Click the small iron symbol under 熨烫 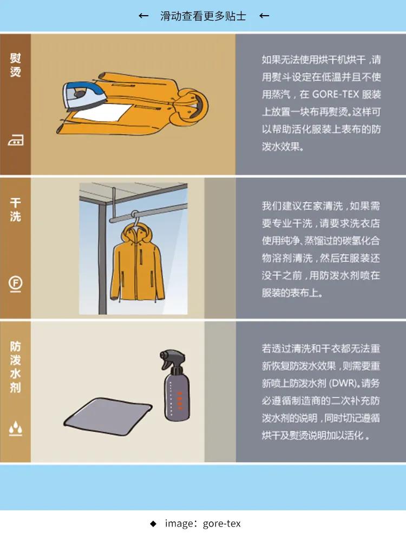tap(15, 141)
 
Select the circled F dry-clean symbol tap(15, 283)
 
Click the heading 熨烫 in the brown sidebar tap(15, 65)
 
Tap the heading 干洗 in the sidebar tap(15, 210)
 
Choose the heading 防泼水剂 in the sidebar tap(15, 366)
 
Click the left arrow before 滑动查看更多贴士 tap(143, 16)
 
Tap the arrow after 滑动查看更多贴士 tap(264, 16)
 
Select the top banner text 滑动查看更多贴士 tap(203, 16)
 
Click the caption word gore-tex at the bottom tap(221, 523)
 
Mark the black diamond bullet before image tap(153, 523)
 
